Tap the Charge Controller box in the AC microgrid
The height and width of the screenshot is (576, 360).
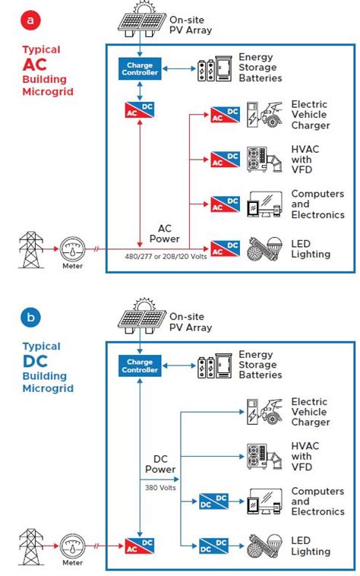click(139, 69)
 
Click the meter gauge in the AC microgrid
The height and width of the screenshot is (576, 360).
click(73, 248)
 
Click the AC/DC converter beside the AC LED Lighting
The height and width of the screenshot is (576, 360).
click(225, 248)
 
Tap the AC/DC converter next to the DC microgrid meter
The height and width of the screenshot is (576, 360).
click(139, 544)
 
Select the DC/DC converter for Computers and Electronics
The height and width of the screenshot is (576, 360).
click(214, 501)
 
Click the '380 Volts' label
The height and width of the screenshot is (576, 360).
click(160, 489)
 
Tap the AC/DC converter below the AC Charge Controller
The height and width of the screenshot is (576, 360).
click(139, 109)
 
